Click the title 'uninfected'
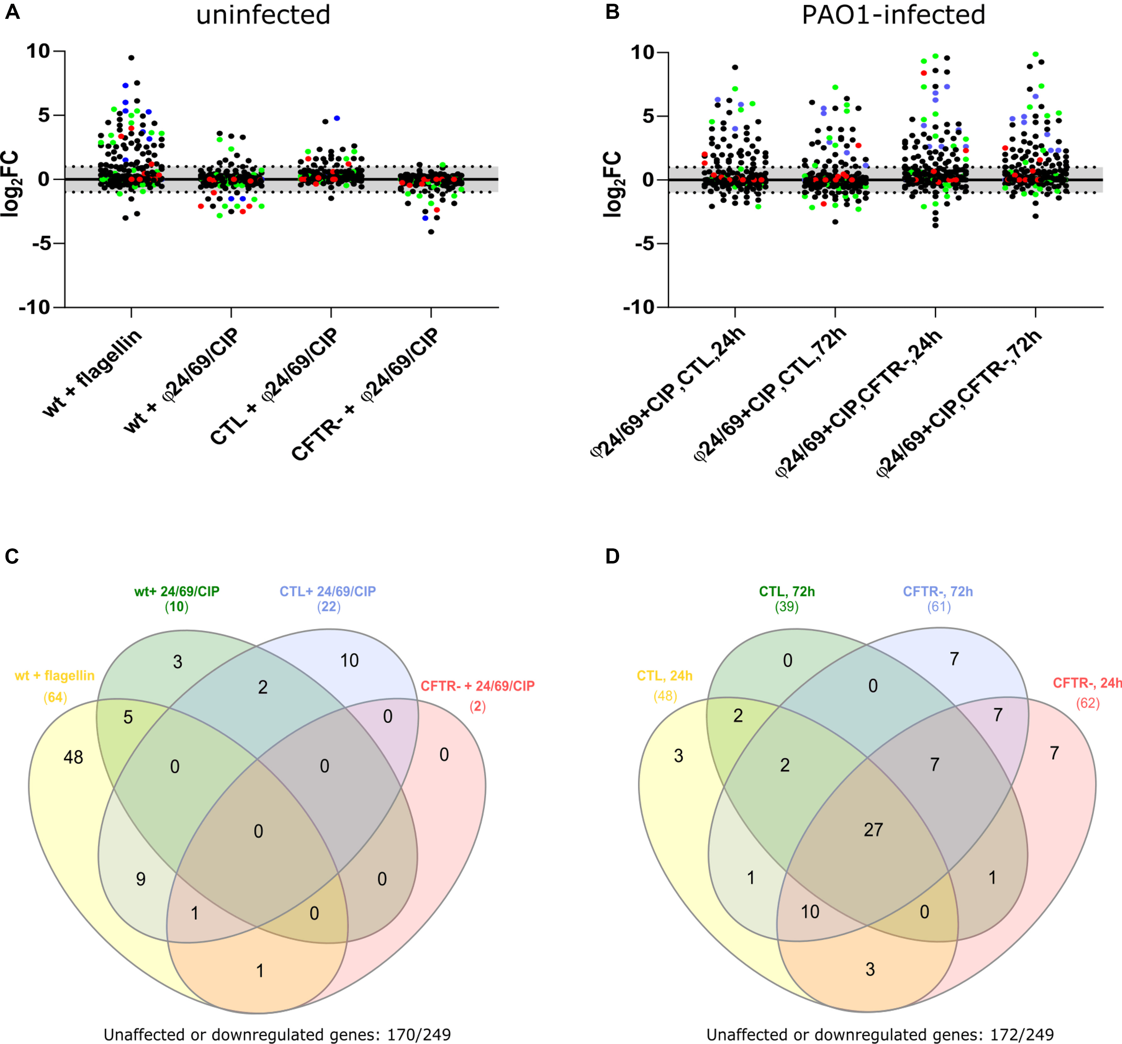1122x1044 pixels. click(x=263, y=15)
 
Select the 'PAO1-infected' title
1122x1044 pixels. click(x=894, y=15)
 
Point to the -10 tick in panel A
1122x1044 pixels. click(x=35, y=308)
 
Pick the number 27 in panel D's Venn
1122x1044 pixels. click(x=873, y=830)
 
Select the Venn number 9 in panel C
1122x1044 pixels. click(x=140, y=879)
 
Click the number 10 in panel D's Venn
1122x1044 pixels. click(x=810, y=911)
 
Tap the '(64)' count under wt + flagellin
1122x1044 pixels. click(x=55, y=697)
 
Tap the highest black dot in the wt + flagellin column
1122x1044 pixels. click(x=131, y=58)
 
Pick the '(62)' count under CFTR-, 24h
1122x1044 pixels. click(x=1087, y=703)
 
